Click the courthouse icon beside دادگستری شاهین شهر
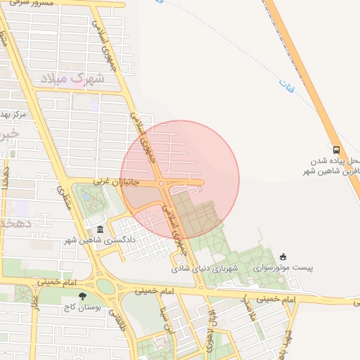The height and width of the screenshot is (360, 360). click(x=100, y=230)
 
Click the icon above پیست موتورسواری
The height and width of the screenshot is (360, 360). click(x=283, y=257)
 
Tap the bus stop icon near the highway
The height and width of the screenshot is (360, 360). click(x=337, y=149)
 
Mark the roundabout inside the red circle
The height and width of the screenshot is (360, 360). click(x=162, y=184)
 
